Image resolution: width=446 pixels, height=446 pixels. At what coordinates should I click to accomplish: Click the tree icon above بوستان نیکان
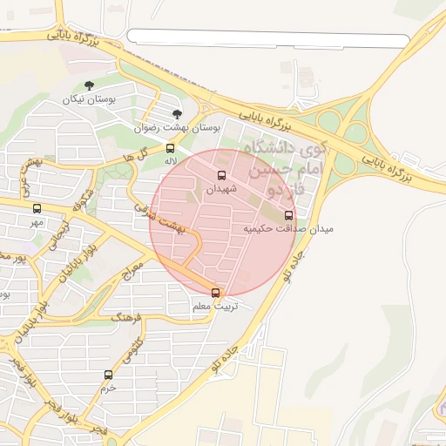(x=89, y=85)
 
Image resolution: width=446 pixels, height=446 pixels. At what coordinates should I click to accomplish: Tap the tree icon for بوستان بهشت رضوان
(x=177, y=114)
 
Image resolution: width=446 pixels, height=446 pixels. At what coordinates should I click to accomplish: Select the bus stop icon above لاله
(x=170, y=148)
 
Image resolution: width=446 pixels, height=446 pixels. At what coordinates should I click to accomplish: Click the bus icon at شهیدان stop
(x=220, y=175)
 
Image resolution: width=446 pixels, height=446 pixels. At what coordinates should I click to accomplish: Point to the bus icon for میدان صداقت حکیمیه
(x=289, y=215)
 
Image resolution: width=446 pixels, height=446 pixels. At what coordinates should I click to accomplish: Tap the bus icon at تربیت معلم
(x=216, y=294)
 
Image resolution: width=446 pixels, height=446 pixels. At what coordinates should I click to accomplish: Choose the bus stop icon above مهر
(x=37, y=209)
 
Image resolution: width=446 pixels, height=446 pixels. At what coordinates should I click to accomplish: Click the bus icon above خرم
(x=108, y=375)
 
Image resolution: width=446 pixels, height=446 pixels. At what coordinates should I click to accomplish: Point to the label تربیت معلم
(x=214, y=307)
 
